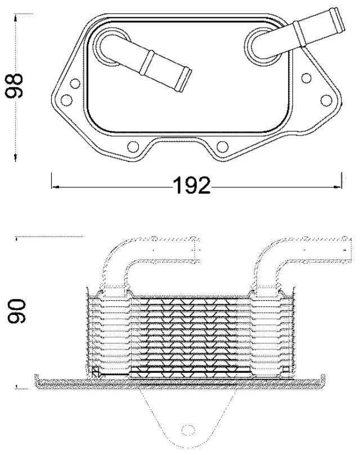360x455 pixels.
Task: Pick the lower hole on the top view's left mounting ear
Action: [x=66, y=101]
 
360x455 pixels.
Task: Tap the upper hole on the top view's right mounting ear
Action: [x=307, y=78]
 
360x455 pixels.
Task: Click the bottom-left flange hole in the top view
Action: [x=133, y=147]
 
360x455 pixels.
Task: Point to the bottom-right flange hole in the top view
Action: [x=222, y=147]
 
